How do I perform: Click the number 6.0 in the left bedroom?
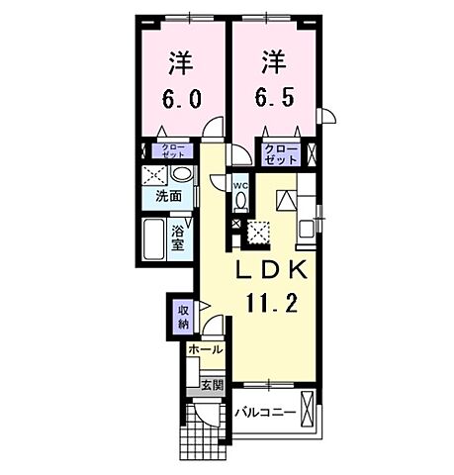tap(180, 101)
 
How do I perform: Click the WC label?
tap(240, 185)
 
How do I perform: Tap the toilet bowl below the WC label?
tap(240, 201)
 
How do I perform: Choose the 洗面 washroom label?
tap(168, 197)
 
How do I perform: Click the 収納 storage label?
tap(183, 317)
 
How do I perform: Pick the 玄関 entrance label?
tap(210, 384)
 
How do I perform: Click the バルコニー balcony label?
tap(264, 411)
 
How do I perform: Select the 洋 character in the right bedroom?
tap(274, 61)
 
